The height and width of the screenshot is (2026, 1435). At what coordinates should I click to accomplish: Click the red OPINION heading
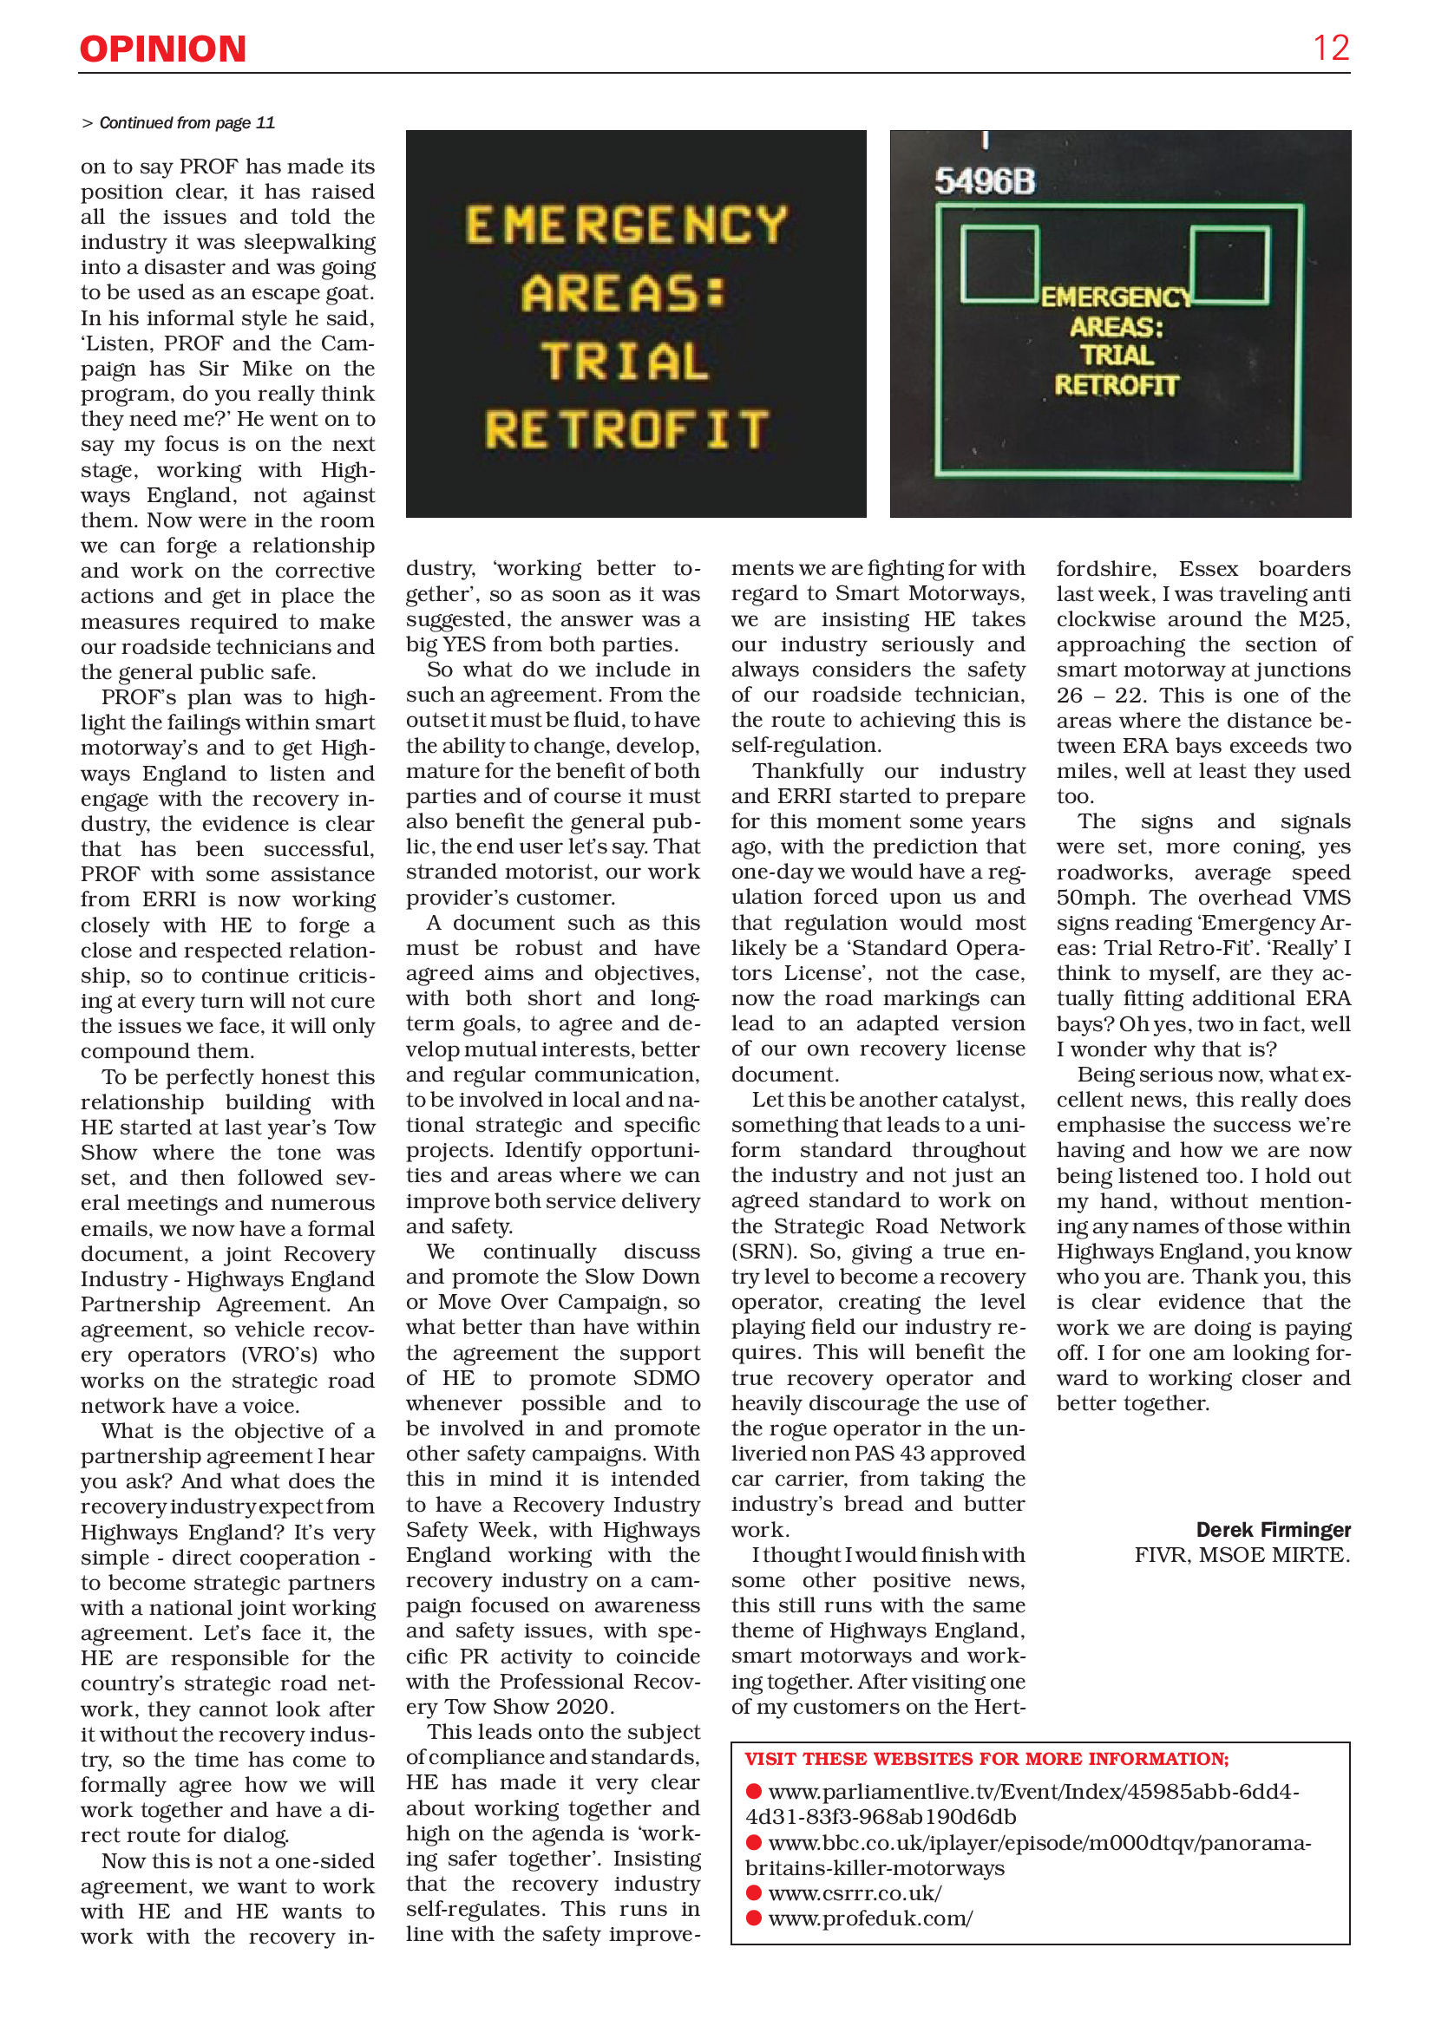pyautogui.click(x=162, y=49)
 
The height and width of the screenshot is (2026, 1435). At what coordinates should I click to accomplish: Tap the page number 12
pyautogui.click(x=1330, y=48)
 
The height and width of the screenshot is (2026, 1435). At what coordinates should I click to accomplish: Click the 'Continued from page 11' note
pyautogui.click(x=180, y=123)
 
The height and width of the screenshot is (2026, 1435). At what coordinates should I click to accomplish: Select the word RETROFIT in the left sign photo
pyautogui.click(x=626, y=430)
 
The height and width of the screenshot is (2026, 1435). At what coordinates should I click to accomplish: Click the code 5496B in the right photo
pyautogui.click(x=985, y=182)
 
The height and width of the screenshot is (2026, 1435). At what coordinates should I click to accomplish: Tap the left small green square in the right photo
pyautogui.click(x=999, y=263)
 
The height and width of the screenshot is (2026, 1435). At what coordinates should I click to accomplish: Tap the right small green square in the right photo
pyautogui.click(x=1230, y=264)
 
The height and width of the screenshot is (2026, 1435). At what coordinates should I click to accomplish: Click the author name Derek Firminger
pyautogui.click(x=1273, y=1530)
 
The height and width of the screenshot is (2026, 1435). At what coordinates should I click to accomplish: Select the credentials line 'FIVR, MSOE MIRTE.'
pyautogui.click(x=1242, y=1555)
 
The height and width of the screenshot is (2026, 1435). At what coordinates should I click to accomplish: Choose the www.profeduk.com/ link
pyautogui.click(x=869, y=1918)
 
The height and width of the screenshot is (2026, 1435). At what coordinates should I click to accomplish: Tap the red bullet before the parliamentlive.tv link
pyautogui.click(x=754, y=1791)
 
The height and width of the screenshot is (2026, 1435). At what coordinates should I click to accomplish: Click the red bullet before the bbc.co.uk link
pyautogui.click(x=754, y=1842)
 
